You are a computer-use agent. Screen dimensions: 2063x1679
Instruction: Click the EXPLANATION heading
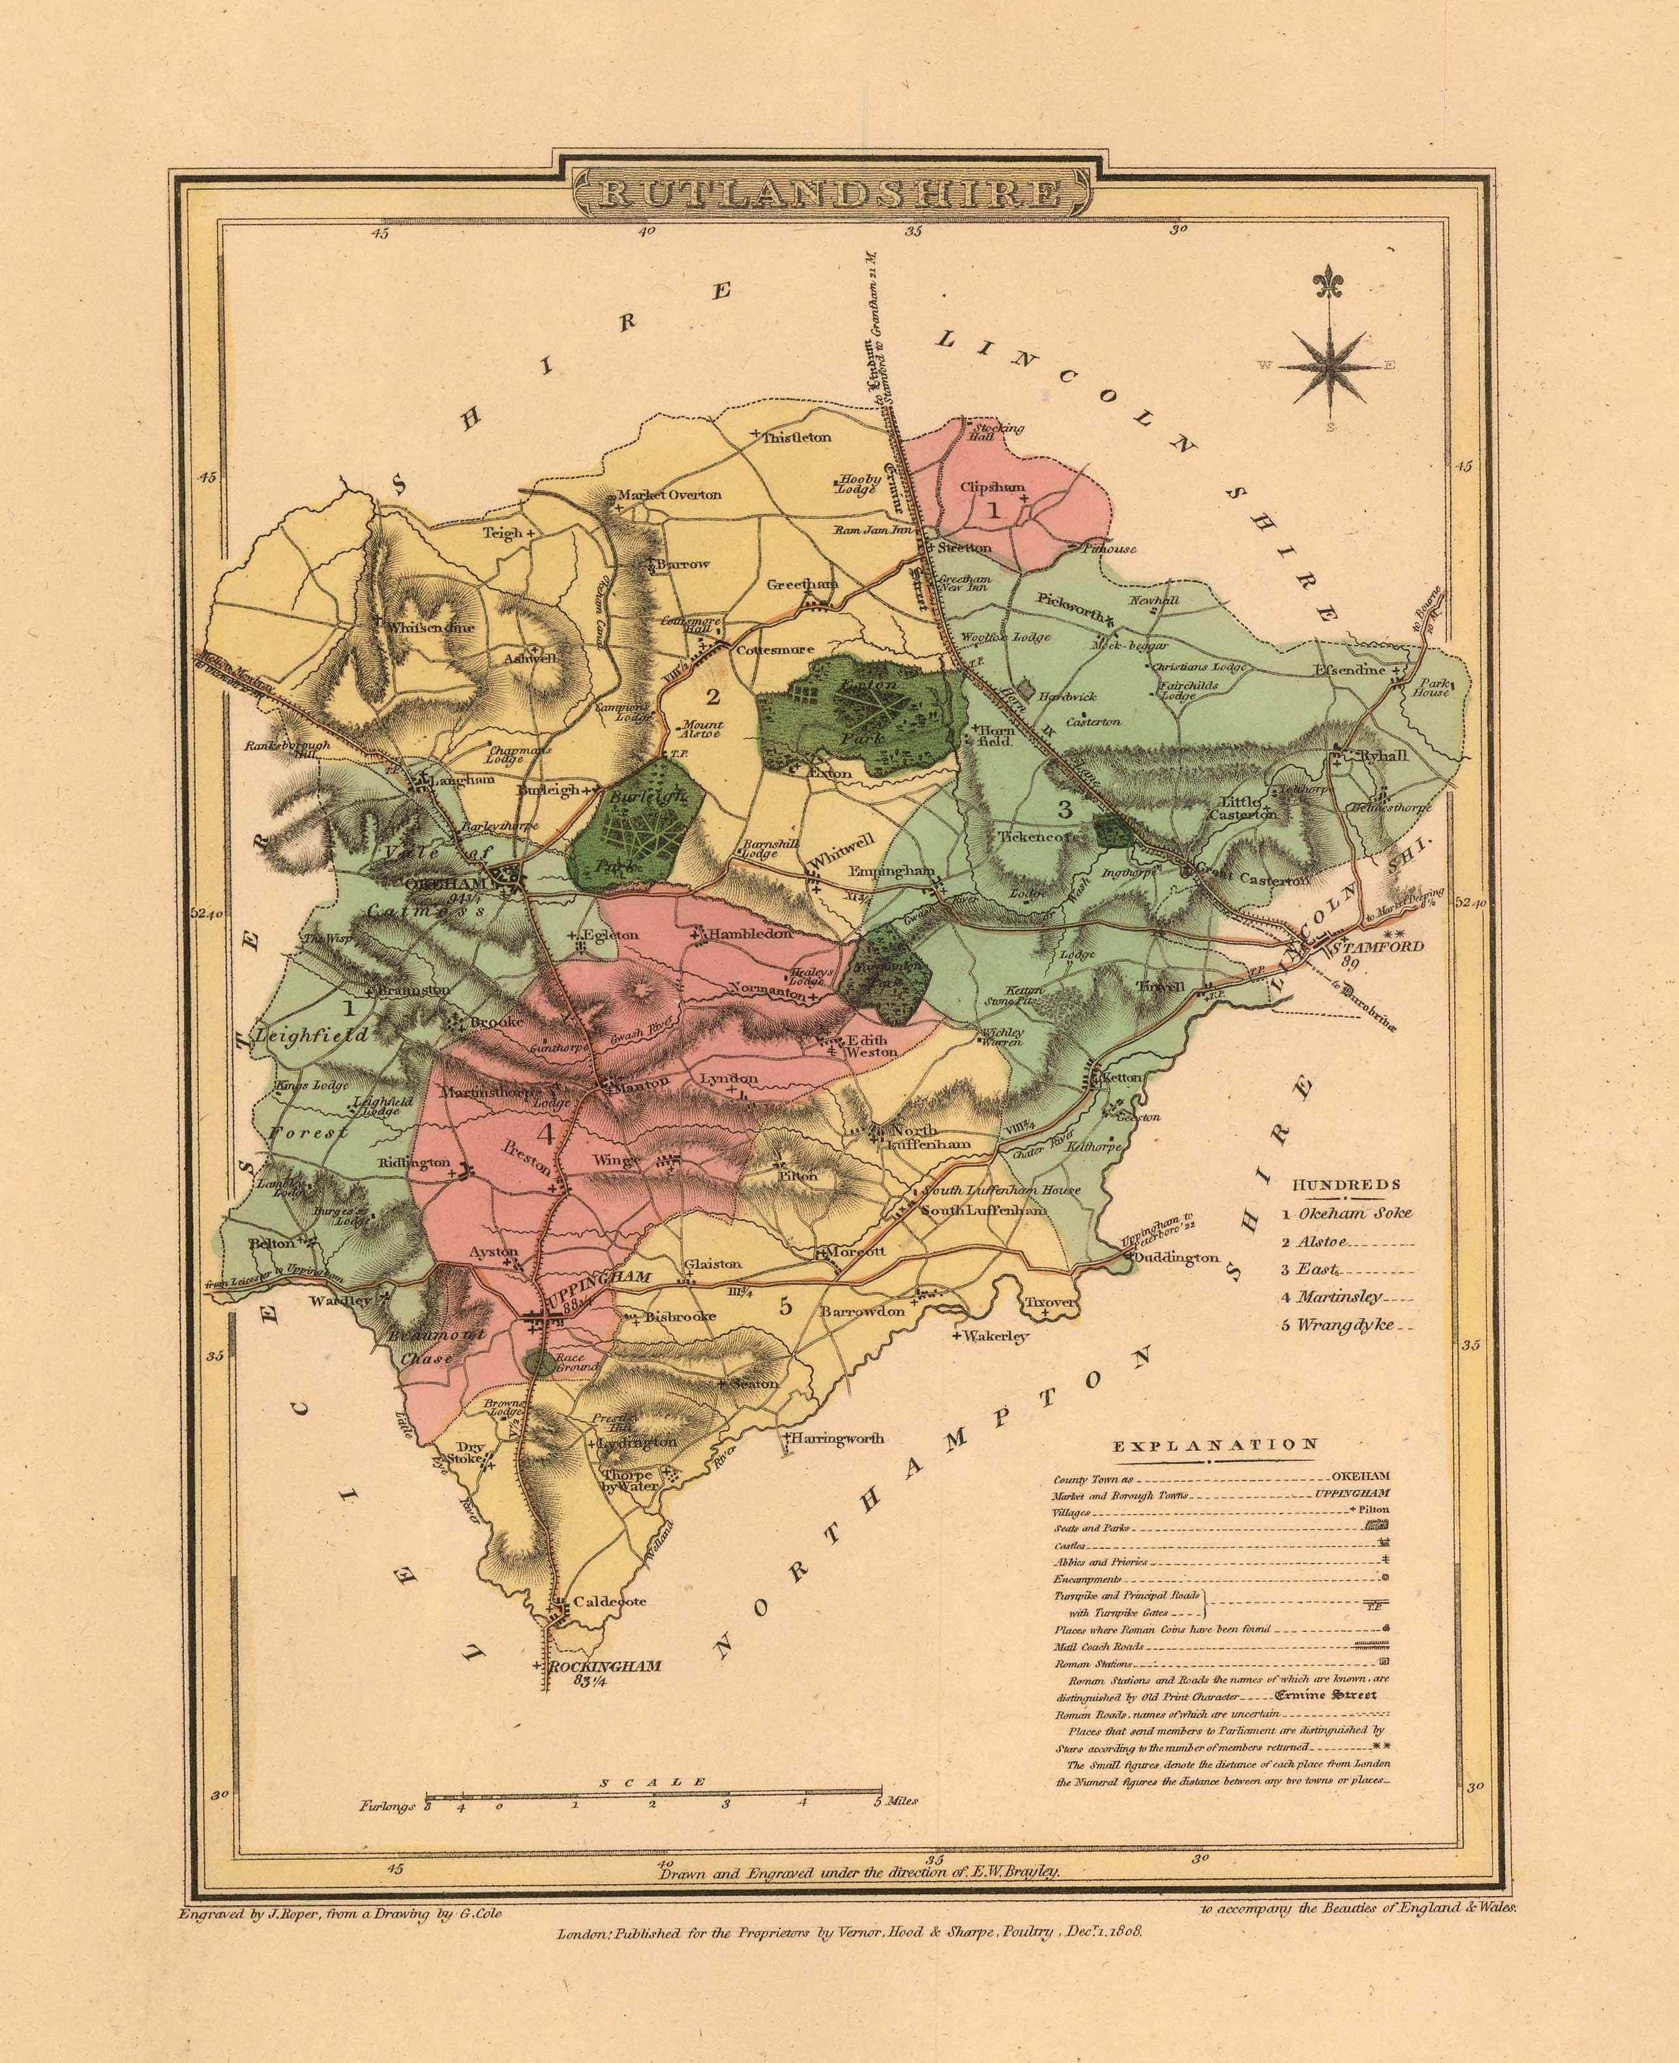(1215, 1445)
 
